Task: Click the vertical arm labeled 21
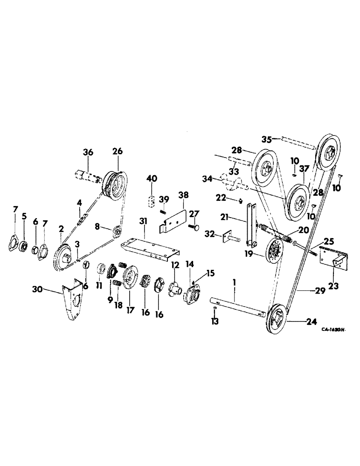coord(252,224)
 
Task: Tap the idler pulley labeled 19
coord(271,252)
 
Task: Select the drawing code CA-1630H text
coord(332,329)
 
